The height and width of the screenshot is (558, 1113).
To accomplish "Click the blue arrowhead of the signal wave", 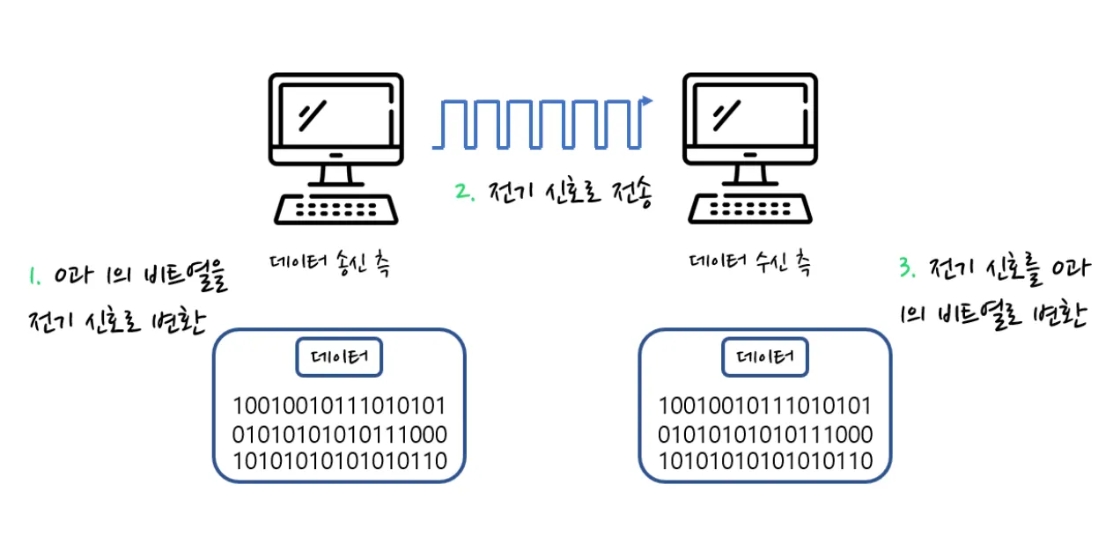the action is (x=650, y=101).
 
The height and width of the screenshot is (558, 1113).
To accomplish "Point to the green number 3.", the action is (x=907, y=269).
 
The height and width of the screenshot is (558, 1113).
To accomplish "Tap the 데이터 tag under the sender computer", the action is (x=339, y=356).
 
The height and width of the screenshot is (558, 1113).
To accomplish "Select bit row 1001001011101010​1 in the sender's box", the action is (x=339, y=407).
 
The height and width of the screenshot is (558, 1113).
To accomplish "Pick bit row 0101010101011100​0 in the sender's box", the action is (x=339, y=434).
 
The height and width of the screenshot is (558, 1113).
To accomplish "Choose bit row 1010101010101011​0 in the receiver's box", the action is (x=765, y=460).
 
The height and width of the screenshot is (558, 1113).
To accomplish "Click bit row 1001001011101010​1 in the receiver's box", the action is (x=765, y=407).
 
